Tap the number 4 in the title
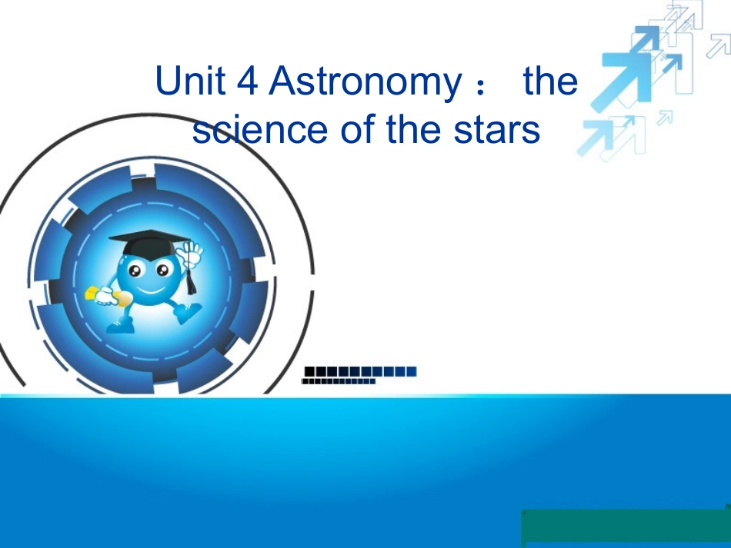248,81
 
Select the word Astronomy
362,82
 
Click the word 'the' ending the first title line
549,81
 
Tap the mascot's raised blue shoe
187,314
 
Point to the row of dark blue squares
361,371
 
